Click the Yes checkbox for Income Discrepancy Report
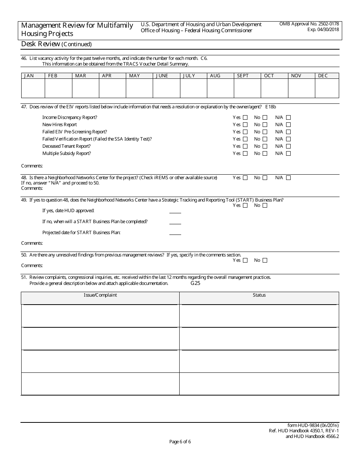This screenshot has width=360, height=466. pyautogui.click(x=245, y=117)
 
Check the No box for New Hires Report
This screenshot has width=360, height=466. pyautogui.click(x=265, y=125)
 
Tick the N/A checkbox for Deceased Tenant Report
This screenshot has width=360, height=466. pyautogui.click(x=288, y=146)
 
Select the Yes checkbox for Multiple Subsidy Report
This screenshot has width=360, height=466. pyautogui.click(x=245, y=153)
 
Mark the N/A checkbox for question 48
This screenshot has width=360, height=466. pyautogui.click(x=288, y=178)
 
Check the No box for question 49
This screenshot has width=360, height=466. pyautogui.click(x=265, y=205)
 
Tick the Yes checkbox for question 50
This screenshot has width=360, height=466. pyautogui.click(x=245, y=260)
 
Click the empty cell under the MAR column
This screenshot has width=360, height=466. pyautogui.click(x=85, y=89)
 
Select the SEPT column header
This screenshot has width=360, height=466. pyautogui.click(x=243, y=76)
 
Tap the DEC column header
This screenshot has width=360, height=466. pyautogui.click(x=323, y=76)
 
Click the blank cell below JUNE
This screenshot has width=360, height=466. pyautogui.click(x=166, y=89)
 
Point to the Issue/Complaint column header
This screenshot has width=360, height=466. pyautogui.click(x=100, y=295)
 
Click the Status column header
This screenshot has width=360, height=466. pyautogui.click(x=259, y=295)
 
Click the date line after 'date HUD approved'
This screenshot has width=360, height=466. pyautogui.click(x=175, y=213)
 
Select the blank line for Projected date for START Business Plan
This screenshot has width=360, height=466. pyautogui.click(x=175, y=234)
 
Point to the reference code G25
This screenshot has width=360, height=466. pyautogui.click(x=195, y=283)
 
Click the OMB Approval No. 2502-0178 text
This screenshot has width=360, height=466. pyautogui.click(x=309, y=24)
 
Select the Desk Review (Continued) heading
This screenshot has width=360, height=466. pyautogui.click(x=56, y=44)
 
